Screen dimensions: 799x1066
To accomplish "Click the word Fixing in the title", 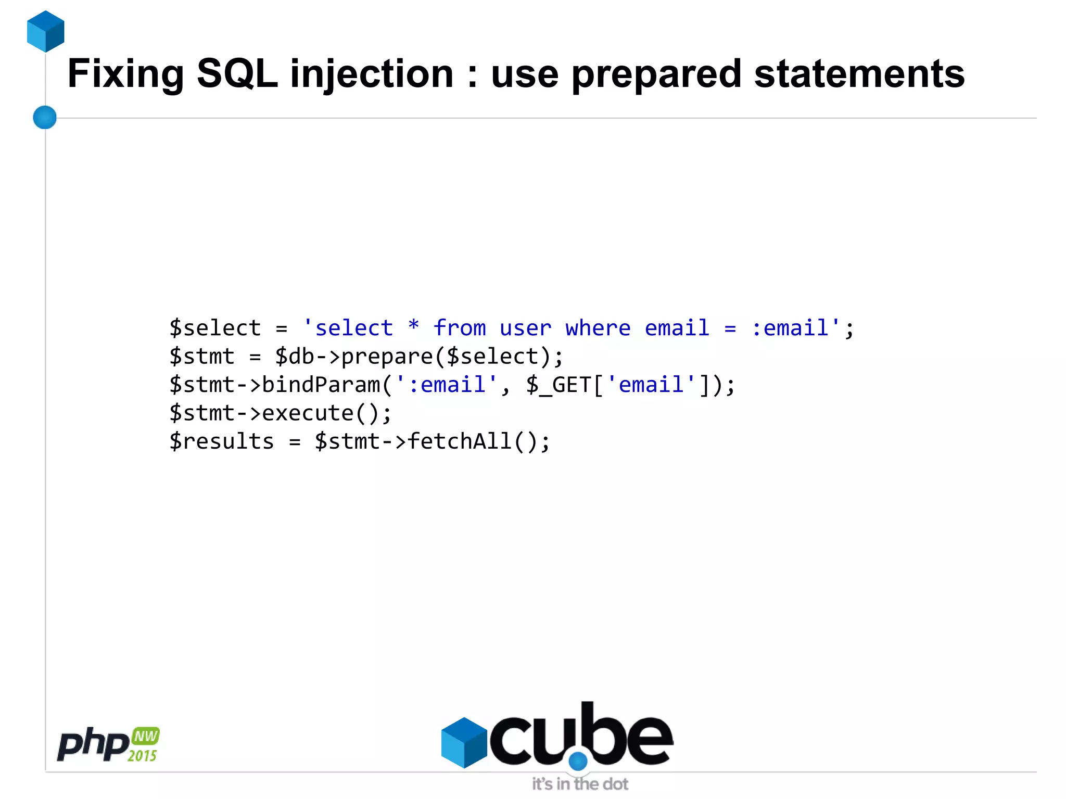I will [x=125, y=74].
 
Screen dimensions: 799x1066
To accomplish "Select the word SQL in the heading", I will [x=237, y=73].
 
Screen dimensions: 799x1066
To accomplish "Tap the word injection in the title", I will [x=372, y=74].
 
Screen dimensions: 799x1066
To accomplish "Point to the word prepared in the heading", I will [x=656, y=74].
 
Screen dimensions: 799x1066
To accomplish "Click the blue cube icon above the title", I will [x=46, y=31].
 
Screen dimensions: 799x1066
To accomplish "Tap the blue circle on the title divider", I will [x=45, y=117].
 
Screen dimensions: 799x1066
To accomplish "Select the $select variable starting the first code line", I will [x=215, y=328].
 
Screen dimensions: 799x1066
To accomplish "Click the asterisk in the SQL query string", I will [x=413, y=326].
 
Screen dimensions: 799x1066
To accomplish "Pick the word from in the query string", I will [x=460, y=328].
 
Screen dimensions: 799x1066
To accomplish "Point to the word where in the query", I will [x=598, y=328].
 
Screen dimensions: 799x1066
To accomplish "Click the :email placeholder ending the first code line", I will [x=790, y=328].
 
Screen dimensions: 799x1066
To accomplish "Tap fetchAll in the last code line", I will [x=460, y=441].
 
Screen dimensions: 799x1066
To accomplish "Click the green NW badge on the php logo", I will [x=145, y=736].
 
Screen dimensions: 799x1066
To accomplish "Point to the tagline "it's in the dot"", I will [x=580, y=784].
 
